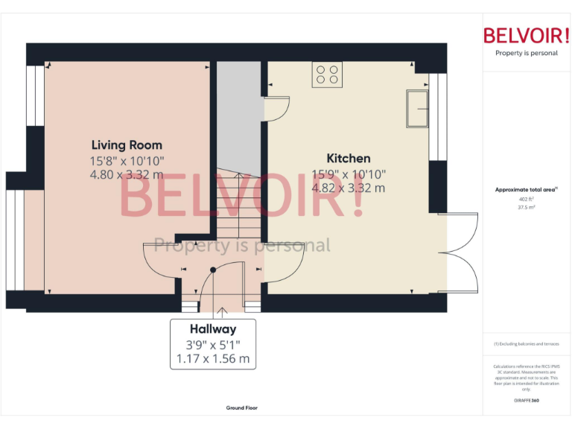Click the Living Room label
[x=127, y=144]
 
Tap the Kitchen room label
[x=349, y=158]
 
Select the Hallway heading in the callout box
[x=213, y=328]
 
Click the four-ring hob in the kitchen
[x=327, y=74]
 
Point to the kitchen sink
[x=417, y=109]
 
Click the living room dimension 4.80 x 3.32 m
[x=127, y=174]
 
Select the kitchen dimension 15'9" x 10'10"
[x=349, y=174]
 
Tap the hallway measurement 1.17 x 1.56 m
[x=213, y=358]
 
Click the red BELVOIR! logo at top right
[x=526, y=36]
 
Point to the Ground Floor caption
[x=242, y=407]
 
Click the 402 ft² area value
[x=526, y=200]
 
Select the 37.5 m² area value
[x=526, y=208]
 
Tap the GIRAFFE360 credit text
[x=526, y=401]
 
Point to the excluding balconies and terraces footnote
[x=526, y=343]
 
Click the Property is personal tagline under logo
[x=526, y=53]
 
